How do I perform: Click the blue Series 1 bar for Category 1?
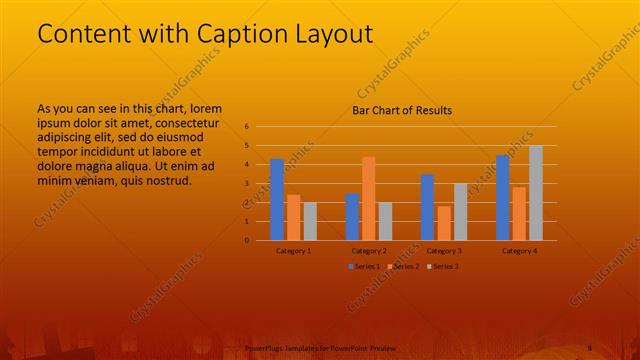(x=277, y=200)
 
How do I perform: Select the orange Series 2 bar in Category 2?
(x=369, y=199)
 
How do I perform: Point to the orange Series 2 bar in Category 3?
(x=444, y=223)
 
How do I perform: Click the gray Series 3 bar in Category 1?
(x=310, y=221)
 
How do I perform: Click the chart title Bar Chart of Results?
(x=402, y=110)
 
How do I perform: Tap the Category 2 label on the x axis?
(x=369, y=250)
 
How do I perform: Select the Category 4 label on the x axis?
(x=519, y=250)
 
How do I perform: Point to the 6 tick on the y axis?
(x=246, y=127)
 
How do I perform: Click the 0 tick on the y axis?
(x=246, y=240)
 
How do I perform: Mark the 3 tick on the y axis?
(x=246, y=184)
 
